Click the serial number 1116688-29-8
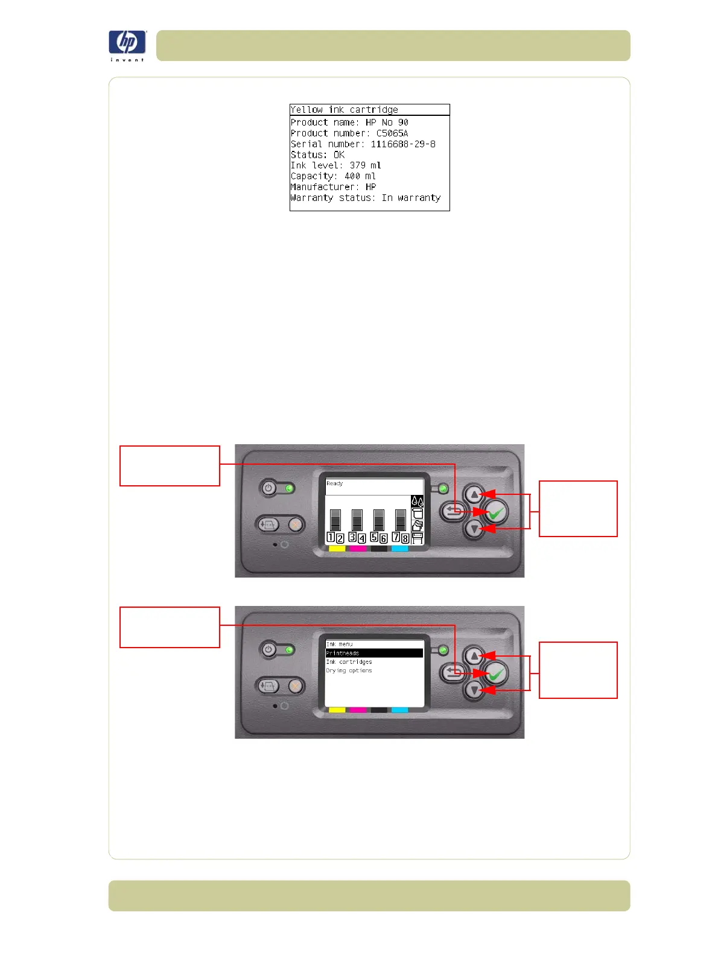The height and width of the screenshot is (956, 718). [x=402, y=144]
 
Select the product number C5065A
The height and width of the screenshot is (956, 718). [x=392, y=133]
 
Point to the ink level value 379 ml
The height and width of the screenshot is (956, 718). [x=365, y=165]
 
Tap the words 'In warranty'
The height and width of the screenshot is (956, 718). [x=411, y=198]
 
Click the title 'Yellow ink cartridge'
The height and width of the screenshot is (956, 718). [x=344, y=110]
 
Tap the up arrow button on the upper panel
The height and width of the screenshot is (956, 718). [x=474, y=495]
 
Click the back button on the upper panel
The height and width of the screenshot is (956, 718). [x=453, y=512]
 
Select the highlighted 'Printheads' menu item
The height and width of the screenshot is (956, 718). [x=343, y=653]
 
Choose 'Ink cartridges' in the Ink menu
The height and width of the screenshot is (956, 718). [x=349, y=662]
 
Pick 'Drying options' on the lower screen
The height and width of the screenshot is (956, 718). [x=349, y=671]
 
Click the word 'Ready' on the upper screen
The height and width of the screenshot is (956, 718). [x=334, y=483]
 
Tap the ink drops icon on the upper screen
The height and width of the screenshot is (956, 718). [x=417, y=502]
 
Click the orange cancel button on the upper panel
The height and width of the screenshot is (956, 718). [x=294, y=524]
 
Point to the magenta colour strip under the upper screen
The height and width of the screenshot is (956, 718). [x=358, y=549]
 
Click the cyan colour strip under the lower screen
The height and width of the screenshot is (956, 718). [x=399, y=710]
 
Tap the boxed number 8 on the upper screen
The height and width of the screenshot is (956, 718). [x=405, y=538]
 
